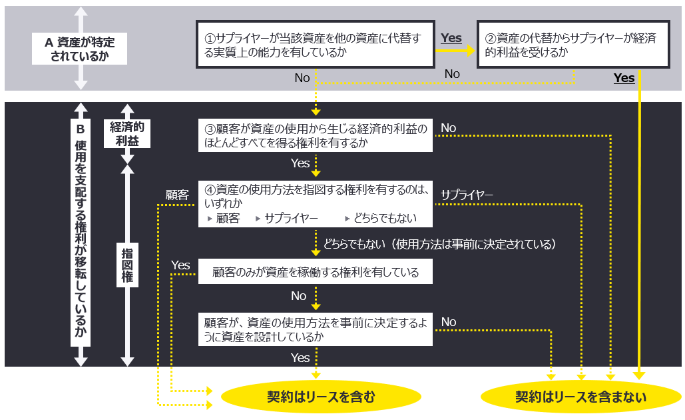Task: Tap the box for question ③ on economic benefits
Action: pos(316,135)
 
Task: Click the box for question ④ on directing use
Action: pos(316,203)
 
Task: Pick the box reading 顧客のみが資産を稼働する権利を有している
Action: pos(316,272)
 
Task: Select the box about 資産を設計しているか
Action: pos(316,329)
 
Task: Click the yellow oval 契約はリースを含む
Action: pos(321,397)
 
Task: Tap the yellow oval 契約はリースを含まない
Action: pos(580,397)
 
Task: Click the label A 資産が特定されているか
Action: pos(80,49)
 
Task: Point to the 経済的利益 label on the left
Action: pos(126,133)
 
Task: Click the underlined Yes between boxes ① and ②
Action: pos(451,38)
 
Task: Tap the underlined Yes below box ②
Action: pos(624,78)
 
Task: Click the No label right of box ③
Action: pos(449,127)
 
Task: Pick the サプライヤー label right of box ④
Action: pos(467,194)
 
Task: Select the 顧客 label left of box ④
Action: pos(177,195)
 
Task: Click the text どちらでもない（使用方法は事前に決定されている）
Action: pos(439,244)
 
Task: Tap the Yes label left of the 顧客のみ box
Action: pos(180,265)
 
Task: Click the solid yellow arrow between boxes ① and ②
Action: pos(457,50)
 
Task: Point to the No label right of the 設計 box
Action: pos(449,322)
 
